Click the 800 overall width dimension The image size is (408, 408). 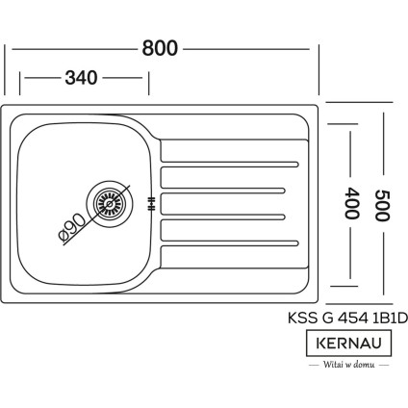click(x=160, y=49)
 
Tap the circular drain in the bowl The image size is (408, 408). click(x=108, y=202)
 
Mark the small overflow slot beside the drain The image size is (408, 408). click(x=150, y=202)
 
